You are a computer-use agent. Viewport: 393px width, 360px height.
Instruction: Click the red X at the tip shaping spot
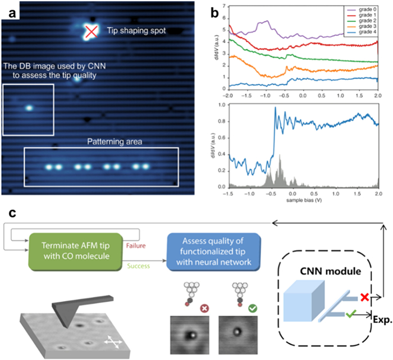(90, 33)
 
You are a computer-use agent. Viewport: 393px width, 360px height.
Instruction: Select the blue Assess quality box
(213, 248)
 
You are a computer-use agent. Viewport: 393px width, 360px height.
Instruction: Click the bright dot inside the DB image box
(28, 108)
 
